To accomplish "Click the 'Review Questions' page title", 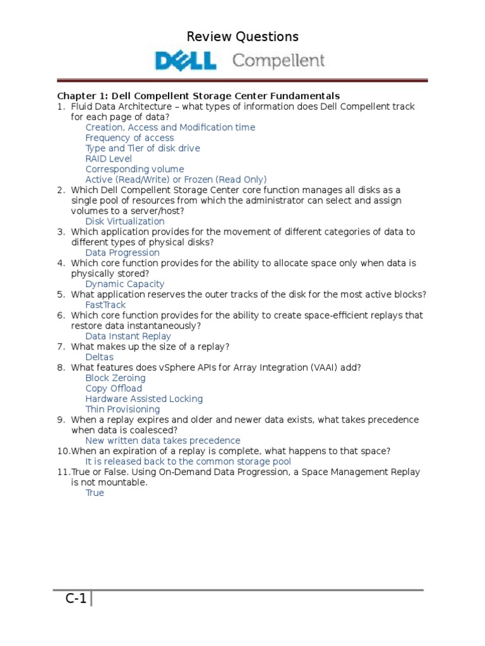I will pos(242,37).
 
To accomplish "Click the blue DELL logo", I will pos(186,61).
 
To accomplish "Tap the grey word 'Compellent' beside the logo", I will pos(278,61).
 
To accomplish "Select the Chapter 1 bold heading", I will pos(199,96).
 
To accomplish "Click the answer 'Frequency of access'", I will pos(129,138).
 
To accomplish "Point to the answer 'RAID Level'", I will pos(109,158).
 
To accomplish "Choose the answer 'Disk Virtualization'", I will pos(125,221).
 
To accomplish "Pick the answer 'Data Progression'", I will pos(123,252).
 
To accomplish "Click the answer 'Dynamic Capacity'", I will pos(125,284).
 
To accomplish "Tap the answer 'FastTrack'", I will pos(105,305).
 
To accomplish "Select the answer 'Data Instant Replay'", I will pos(128,336).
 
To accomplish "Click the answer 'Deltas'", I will pos(99,357).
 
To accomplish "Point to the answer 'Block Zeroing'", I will pos(116,378).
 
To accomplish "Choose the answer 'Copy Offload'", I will pos(114,389).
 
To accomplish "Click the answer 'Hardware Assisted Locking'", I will pos(144,399).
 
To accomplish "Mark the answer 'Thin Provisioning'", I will pos(123,409).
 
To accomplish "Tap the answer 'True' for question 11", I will pos(95,493).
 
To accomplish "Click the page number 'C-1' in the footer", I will pos(76,599).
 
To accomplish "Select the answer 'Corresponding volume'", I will pos(135,169).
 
